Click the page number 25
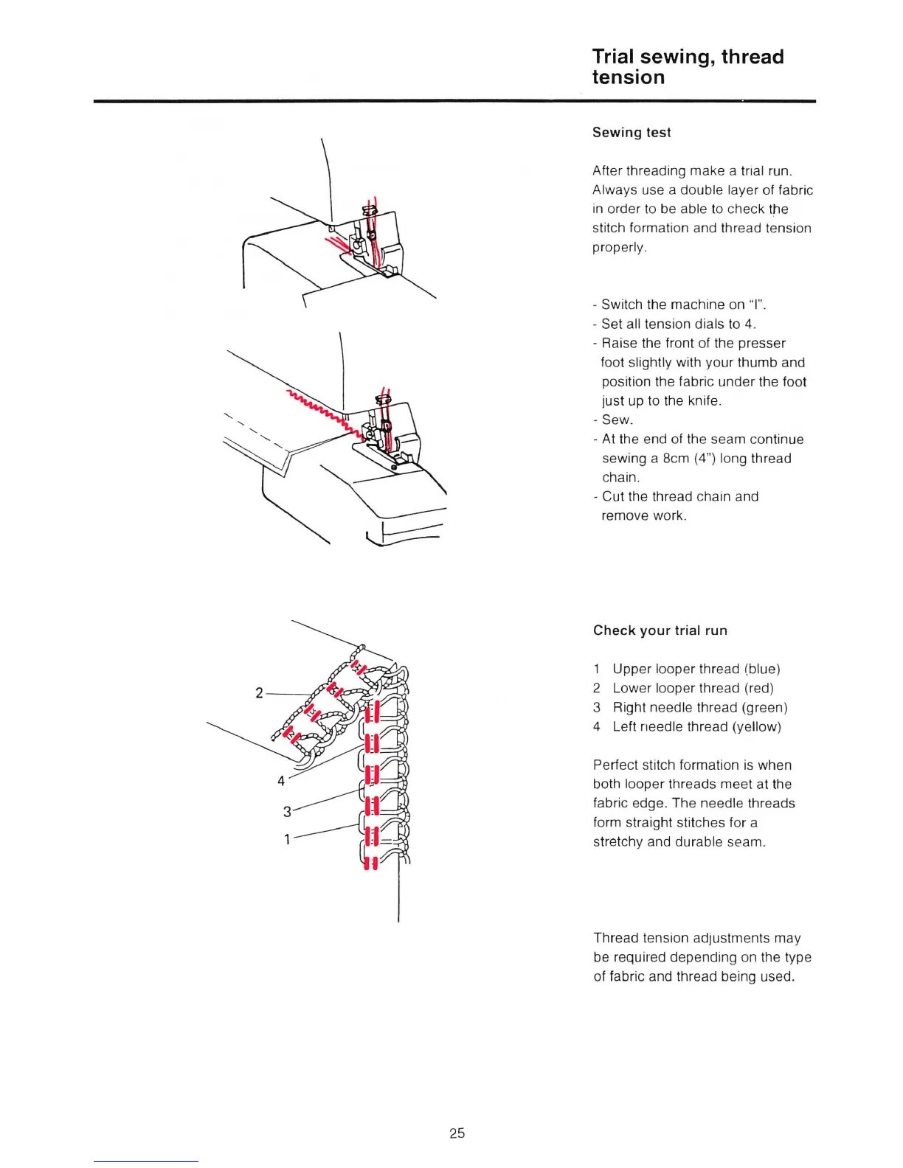click(457, 1133)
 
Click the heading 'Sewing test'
click(632, 133)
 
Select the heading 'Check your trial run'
click(660, 630)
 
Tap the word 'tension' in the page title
click(629, 77)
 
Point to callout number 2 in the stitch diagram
click(259, 692)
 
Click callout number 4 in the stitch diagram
click(281, 781)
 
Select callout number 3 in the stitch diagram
click(287, 812)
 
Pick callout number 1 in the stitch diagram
click(288, 839)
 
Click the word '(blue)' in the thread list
click(762, 669)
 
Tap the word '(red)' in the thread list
click(758, 688)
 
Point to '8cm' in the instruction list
click(676, 458)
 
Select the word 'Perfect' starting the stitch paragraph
click(617, 765)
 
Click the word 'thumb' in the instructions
click(756, 362)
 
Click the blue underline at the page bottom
click(146, 1161)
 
